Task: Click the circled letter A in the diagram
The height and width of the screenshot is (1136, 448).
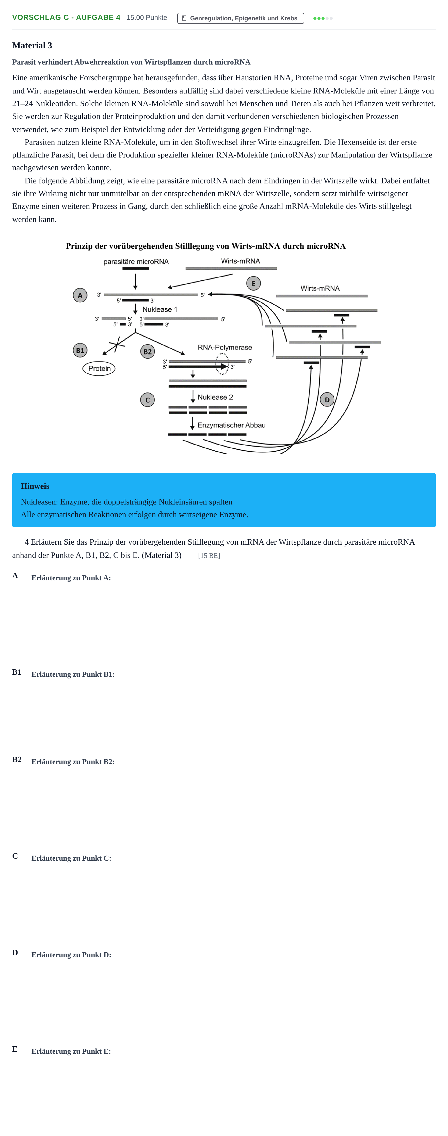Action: tap(80, 295)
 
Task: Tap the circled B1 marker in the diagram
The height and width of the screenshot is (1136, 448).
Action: tap(80, 350)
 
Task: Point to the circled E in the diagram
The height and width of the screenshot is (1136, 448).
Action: tap(253, 283)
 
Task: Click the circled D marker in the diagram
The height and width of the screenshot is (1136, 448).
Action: tap(327, 400)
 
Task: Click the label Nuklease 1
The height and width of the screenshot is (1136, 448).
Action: tap(160, 309)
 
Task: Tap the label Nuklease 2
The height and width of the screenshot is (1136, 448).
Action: tap(215, 397)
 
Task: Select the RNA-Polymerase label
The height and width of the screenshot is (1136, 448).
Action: tap(225, 347)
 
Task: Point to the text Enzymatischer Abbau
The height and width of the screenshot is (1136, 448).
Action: tap(232, 425)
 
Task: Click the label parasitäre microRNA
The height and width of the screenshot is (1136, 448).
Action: tap(136, 261)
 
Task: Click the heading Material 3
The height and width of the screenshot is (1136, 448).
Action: tap(32, 45)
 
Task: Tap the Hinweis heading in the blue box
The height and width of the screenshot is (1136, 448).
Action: tap(35, 486)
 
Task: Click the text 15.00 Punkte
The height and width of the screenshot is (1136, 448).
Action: tap(147, 18)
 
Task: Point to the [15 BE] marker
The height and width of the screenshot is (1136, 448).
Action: tap(209, 556)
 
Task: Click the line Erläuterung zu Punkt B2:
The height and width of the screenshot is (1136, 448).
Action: tap(73, 762)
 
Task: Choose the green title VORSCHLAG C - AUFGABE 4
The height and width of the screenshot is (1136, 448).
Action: tap(66, 18)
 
